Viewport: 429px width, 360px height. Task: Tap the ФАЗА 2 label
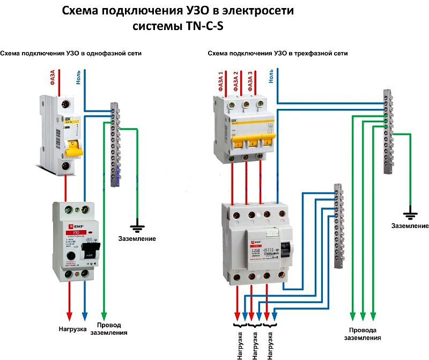tap(236, 79)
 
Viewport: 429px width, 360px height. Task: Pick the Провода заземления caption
tap(363, 334)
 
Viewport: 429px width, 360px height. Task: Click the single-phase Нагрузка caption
tap(72, 328)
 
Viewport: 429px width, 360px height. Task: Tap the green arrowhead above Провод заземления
tap(103, 314)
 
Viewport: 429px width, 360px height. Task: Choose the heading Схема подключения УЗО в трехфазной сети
tap(277, 54)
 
